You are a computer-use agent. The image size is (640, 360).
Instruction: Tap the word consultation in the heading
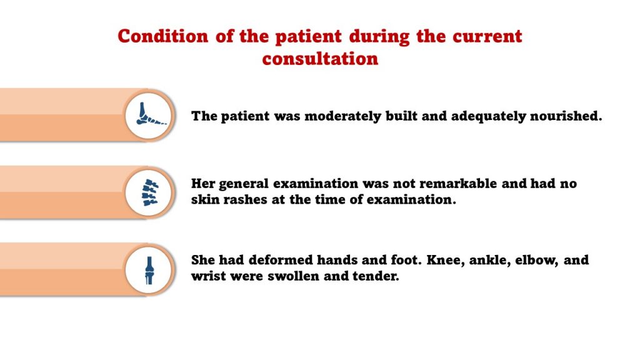[x=320, y=59]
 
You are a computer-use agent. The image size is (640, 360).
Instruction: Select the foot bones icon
[x=149, y=115]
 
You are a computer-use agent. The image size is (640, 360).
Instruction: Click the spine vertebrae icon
[x=149, y=192]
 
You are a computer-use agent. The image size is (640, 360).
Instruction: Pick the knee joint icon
[x=149, y=270]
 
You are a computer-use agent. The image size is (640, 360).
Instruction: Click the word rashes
[x=242, y=200]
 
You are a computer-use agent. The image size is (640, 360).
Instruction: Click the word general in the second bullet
[x=244, y=184]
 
